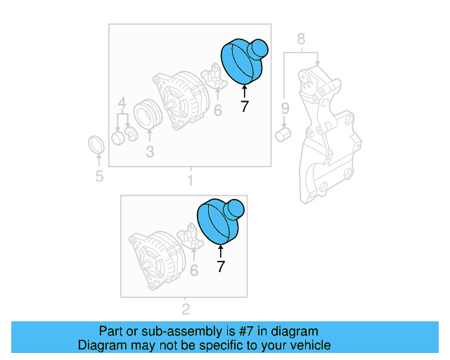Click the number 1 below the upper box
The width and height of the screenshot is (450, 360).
tap(190, 181)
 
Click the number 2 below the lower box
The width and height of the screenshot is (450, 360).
tap(186, 309)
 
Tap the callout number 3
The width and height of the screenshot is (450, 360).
tap(149, 151)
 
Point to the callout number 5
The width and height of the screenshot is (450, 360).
tap(98, 176)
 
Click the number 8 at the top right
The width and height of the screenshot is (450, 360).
tap(301, 39)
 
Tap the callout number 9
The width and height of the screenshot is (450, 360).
tap(285, 108)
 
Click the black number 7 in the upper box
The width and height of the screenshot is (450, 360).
tap(244, 107)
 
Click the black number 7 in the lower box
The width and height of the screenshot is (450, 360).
tap(221, 266)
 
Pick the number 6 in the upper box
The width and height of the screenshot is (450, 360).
tap(217, 110)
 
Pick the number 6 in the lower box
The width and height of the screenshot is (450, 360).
tap(194, 270)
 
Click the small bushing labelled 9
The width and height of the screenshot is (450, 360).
tap(284, 133)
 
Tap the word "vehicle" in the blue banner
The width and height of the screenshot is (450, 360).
tap(308, 345)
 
